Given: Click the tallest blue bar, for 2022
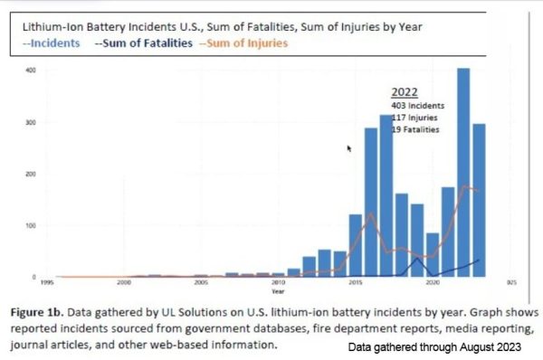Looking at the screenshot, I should [463, 172].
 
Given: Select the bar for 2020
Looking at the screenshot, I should [433, 254].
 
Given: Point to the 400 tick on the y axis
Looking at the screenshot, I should [31, 71].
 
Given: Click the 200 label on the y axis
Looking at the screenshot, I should [31, 174].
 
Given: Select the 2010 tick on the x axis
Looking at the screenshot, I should [278, 283].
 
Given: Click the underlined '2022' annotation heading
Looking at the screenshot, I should [405, 92].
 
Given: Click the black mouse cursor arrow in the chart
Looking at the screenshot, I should [349, 148].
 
